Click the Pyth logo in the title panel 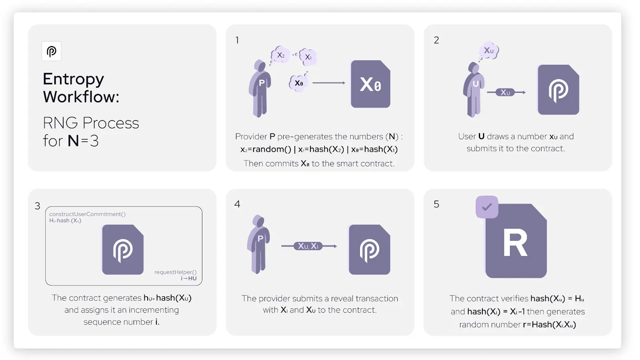[52, 51]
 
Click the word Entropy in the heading [74, 79]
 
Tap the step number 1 [237, 40]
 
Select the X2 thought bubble [280, 54]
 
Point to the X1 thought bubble [308, 57]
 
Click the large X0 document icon [370, 84]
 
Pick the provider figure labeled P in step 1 [260, 88]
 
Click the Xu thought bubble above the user [489, 50]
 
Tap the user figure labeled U [474, 90]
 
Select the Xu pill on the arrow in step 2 [505, 92]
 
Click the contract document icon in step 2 [558, 90]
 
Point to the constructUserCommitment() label [88, 214]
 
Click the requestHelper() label [176, 272]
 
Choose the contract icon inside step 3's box [123, 250]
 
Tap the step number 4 [237, 204]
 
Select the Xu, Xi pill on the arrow [308, 246]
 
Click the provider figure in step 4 [258, 244]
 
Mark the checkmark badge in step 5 [487, 207]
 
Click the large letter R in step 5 [515, 244]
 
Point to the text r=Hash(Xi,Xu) [550, 324]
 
